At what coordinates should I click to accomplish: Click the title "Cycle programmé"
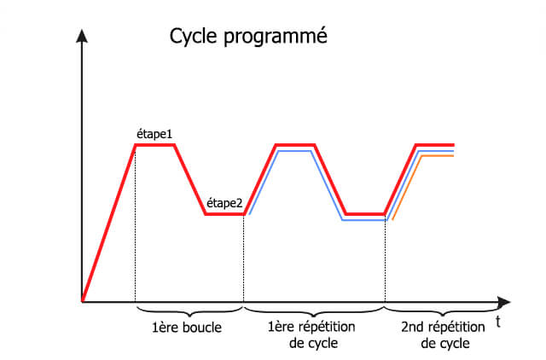click(248, 37)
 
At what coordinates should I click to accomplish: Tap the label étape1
click(154, 135)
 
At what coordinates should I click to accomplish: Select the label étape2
click(224, 203)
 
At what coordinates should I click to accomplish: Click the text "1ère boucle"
click(187, 328)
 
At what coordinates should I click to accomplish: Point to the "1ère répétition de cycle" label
click(311, 335)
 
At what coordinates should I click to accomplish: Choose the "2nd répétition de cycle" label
click(443, 335)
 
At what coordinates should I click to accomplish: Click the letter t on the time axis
click(498, 322)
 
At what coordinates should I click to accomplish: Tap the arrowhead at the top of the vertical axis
click(82, 36)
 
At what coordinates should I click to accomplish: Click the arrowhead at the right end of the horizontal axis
click(503, 302)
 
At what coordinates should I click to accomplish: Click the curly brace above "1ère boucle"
click(189, 311)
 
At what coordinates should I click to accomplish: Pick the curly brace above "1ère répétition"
click(314, 311)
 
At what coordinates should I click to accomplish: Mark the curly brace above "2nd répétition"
click(442, 311)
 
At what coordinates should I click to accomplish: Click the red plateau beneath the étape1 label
click(154, 145)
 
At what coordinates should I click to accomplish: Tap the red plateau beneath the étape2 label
click(224, 214)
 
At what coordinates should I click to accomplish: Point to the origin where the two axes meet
click(82, 302)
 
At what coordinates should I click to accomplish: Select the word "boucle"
click(202, 328)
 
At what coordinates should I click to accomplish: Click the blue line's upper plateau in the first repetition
click(294, 151)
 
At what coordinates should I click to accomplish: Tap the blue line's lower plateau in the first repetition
click(364, 220)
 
